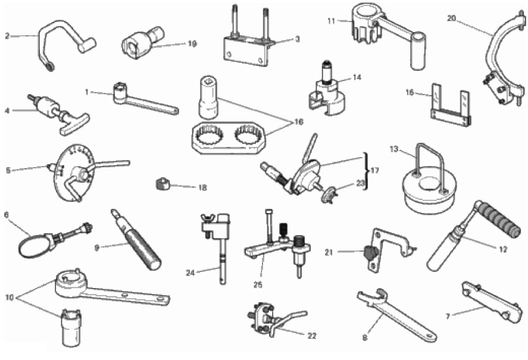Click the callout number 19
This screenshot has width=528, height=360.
pyautogui.click(x=192, y=44)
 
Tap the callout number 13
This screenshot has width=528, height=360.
pyautogui.click(x=394, y=149)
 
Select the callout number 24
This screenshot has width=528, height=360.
pyautogui.click(x=190, y=273)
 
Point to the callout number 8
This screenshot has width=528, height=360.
pyautogui.click(x=365, y=337)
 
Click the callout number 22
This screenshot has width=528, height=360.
pyautogui.click(x=312, y=336)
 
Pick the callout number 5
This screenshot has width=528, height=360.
pyautogui.click(x=8, y=170)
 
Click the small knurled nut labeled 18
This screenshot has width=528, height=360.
pyautogui.click(x=163, y=184)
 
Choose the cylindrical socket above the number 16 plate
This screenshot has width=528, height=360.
pyautogui.click(x=208, y=96)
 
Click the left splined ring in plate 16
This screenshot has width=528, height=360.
pyautogui.click(x=211, y=137)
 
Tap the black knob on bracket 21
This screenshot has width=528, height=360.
pyautogui.click(x=369, y=252)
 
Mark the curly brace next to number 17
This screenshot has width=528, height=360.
pyautogui.click(x=365, y=171)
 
